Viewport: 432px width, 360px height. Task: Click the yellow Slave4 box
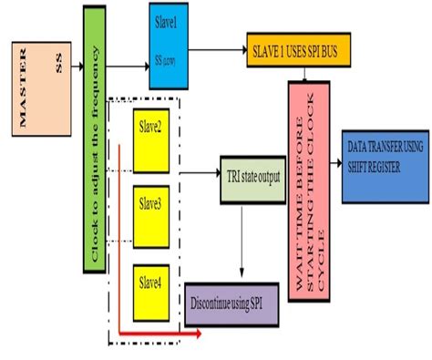tap(149, 292)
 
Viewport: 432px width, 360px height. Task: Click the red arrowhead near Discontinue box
tap(197, 334)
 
